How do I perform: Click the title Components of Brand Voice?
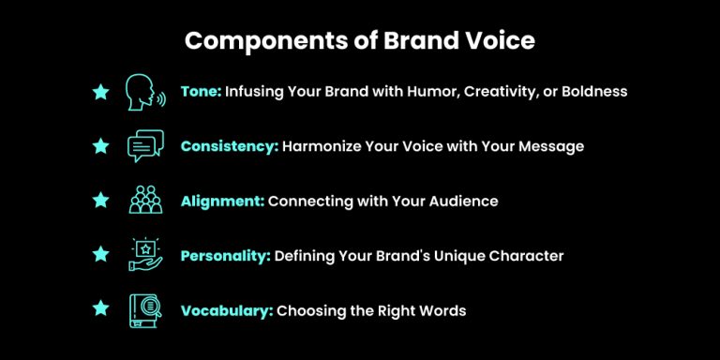pos(359,42)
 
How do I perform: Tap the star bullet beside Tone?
pos(100,92)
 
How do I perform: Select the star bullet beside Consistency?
pos(100,146)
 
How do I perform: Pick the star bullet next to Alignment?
pos(100,201)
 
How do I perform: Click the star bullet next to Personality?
pos(100,255)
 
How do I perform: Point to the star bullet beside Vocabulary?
pos(100,309)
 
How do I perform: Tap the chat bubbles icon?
pos(144,146)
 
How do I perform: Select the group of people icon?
pos(144,201)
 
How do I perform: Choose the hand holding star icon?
pos(144,255)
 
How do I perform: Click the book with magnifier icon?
pos(144,309)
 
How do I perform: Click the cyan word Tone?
pos(201,92)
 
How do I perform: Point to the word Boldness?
pos(593,92)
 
